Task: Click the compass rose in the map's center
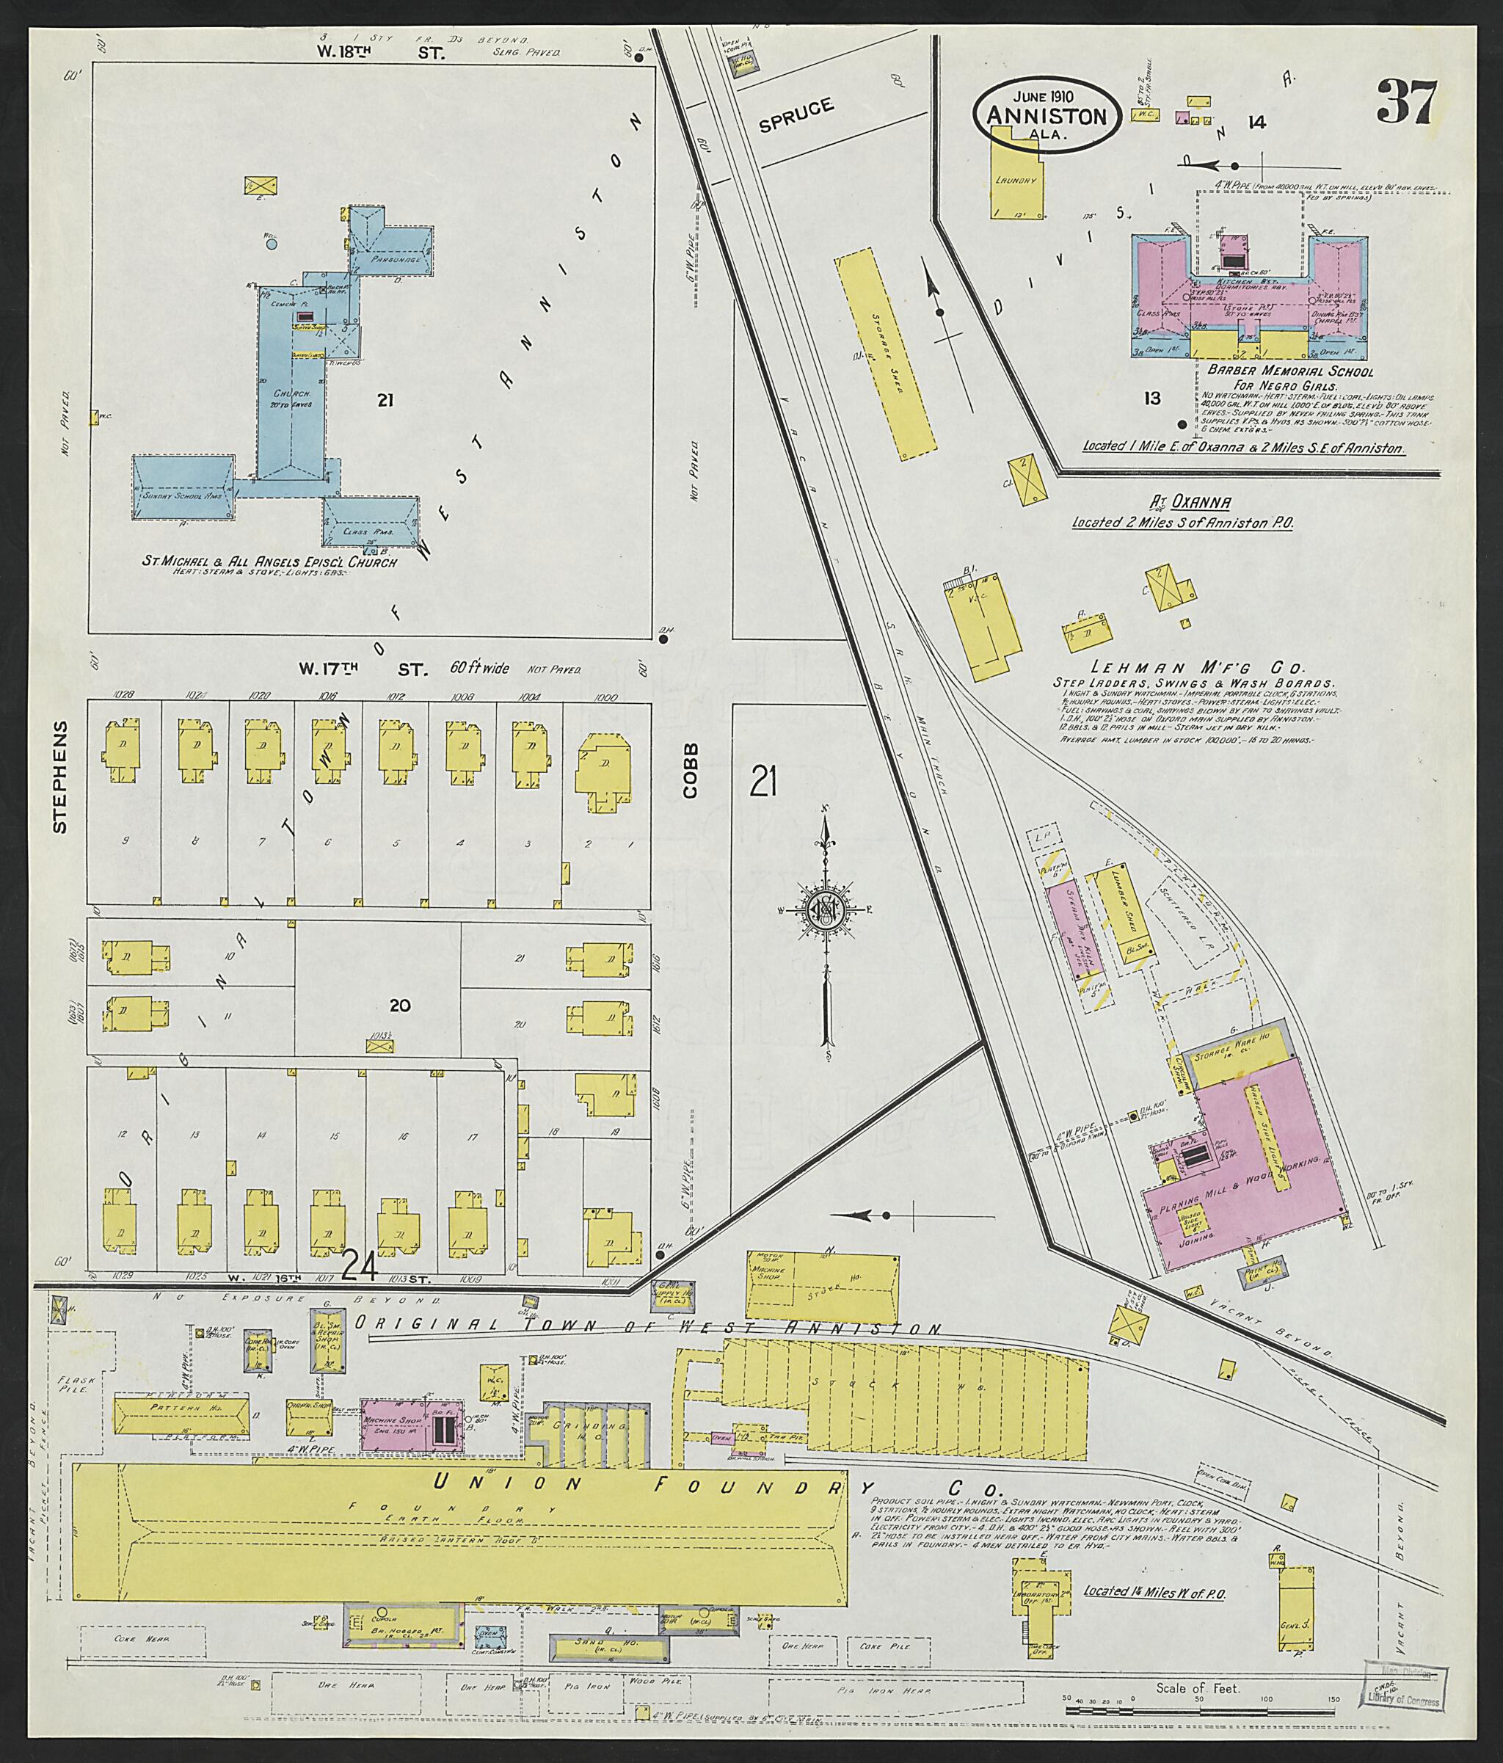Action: pyautogui.click(x=823, y=909)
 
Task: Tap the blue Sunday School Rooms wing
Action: pyautogui.click(x=182, y=487)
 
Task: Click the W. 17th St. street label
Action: pyautogui.click(x=362, y=669)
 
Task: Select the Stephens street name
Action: pyautogui.click(x=59, y=776)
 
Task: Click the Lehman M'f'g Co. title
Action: pyautogui.click(x=1194, y=668)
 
